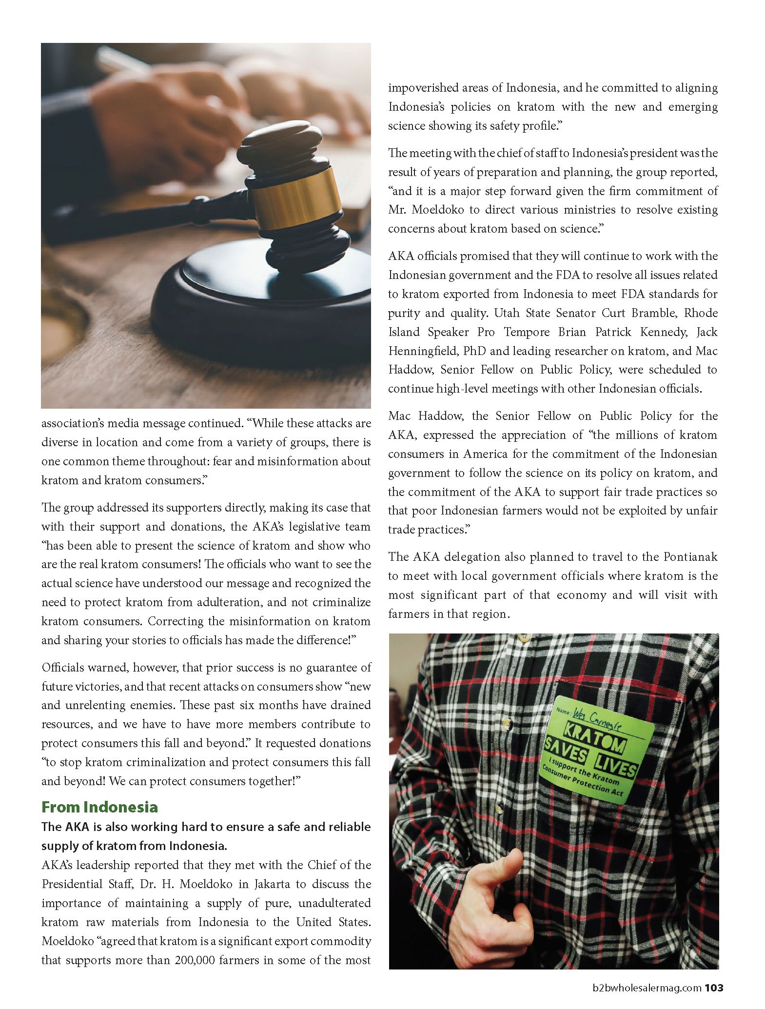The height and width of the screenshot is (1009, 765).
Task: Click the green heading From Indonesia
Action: tap(99, 807)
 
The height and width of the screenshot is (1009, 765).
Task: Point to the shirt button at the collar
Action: tap(525, 637)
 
